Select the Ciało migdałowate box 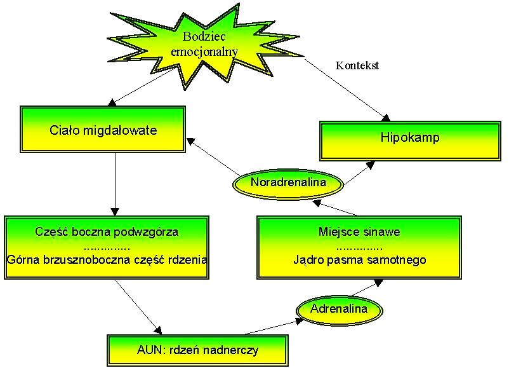coord(103,131)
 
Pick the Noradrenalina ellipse coord(288,183)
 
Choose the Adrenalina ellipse coord(340,310)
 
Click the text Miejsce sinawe coord(359,231)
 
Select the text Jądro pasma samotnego coord(359,259)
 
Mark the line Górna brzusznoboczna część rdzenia coord(107,259)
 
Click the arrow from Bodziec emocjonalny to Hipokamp coord(346,88)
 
